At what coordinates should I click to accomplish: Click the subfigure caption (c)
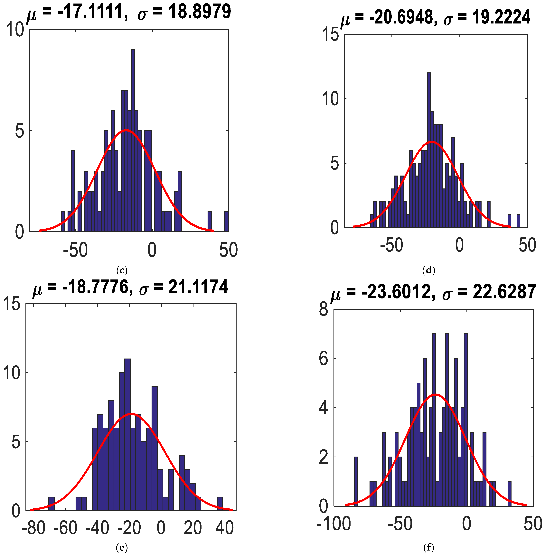pos(122,270)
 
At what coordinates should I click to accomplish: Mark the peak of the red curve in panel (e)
pos(131,414)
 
